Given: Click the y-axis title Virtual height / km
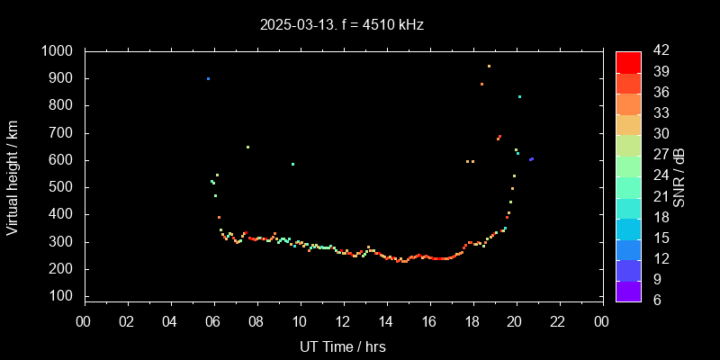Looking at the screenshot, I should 13,177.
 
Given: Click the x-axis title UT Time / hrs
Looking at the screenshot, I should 343,346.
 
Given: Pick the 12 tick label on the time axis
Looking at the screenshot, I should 343,322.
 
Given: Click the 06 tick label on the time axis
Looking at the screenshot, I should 213,322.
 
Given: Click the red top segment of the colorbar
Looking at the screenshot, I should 627,61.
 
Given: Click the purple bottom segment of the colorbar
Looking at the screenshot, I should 627,290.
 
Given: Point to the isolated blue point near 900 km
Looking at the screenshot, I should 208,78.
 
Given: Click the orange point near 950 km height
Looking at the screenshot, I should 489,66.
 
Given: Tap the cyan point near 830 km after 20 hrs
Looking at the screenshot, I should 519,96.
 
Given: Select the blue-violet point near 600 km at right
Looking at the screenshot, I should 531,159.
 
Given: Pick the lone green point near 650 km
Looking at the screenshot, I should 247,147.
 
